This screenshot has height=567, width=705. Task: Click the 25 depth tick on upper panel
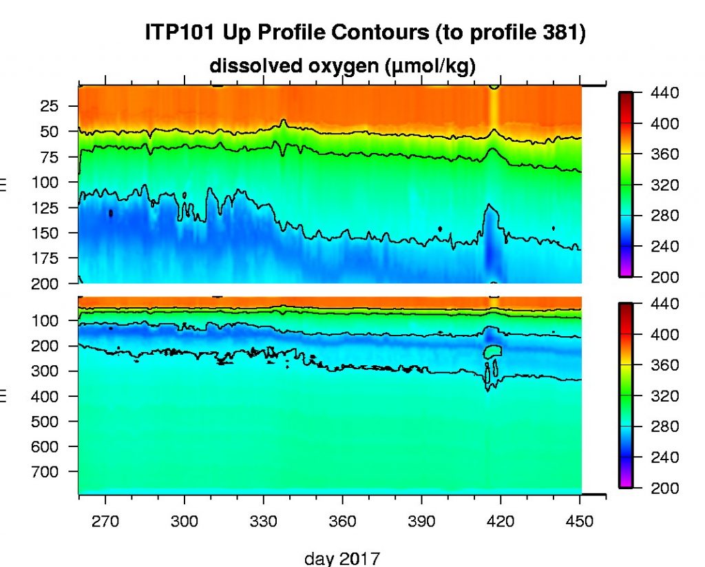pyautogui.click(x=52, y=105)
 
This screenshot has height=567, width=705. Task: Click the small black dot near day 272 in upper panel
pyautogui.click(x=111, y=214)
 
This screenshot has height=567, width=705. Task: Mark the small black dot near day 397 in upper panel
pyautogui.click(x=440, y=228)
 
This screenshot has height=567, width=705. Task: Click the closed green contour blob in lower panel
pyautogui.click(x=492, y=351)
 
